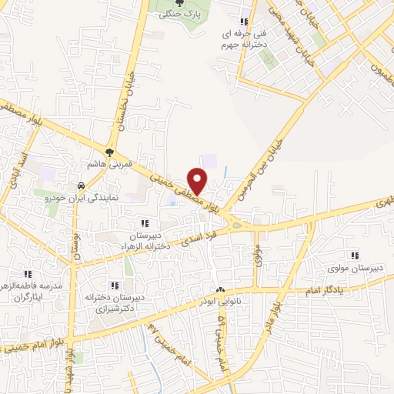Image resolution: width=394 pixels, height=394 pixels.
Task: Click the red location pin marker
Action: pos(199,180)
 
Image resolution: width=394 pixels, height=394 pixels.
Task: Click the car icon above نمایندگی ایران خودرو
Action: pos(80,186)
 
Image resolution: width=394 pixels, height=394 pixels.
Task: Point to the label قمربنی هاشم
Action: pos(109,165)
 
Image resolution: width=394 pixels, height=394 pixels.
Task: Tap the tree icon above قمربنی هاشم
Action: pos(109,152)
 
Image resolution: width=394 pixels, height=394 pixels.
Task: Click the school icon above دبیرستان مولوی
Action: pos(355,255)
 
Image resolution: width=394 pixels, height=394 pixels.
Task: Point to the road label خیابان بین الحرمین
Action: pos(259,161)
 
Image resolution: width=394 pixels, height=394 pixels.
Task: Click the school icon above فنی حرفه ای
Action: pos(245,22)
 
